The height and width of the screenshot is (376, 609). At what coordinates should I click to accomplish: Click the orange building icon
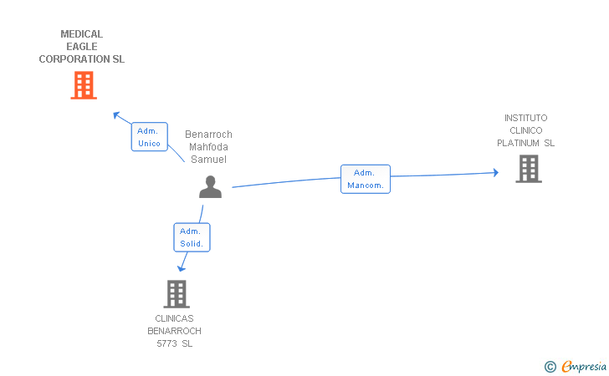coord(84,85)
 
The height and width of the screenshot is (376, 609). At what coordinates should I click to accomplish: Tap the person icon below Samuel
coord(211,186)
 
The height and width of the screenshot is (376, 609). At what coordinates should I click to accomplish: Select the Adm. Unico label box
coord(150,136)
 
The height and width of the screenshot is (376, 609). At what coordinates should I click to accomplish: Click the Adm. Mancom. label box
coord(366,179)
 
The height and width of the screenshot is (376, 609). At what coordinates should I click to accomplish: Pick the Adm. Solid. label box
coord(192,237)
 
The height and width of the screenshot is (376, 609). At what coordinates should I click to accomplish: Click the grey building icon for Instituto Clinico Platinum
coord(529,169)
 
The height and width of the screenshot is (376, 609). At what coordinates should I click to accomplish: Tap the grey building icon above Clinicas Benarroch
coord(177,294)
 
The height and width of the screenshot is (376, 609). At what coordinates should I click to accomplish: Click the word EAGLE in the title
coord(82,47)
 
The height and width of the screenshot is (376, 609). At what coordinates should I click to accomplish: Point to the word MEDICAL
coord(82,34)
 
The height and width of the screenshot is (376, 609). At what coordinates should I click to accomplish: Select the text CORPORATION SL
coord(82,59)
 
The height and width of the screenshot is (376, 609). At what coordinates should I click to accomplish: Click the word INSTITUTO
coord(526,118)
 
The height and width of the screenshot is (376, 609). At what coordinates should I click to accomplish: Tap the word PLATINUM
coord(518,143)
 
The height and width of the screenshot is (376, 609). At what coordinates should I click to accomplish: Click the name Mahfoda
coord(208,147)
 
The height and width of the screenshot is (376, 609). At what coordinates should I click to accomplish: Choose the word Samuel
coord(208,160)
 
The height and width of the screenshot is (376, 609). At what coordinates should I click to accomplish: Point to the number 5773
coord(167,343)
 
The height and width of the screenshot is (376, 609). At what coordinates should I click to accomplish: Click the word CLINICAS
coord(174,318)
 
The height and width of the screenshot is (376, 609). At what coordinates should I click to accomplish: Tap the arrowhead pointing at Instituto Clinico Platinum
coord(496,173)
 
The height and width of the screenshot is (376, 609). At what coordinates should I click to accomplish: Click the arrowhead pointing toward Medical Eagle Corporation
coord(116,115)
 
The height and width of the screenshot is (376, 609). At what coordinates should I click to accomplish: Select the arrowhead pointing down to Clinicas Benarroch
coord(181,268)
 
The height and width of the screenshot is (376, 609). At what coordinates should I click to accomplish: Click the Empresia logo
coord(576,366)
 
